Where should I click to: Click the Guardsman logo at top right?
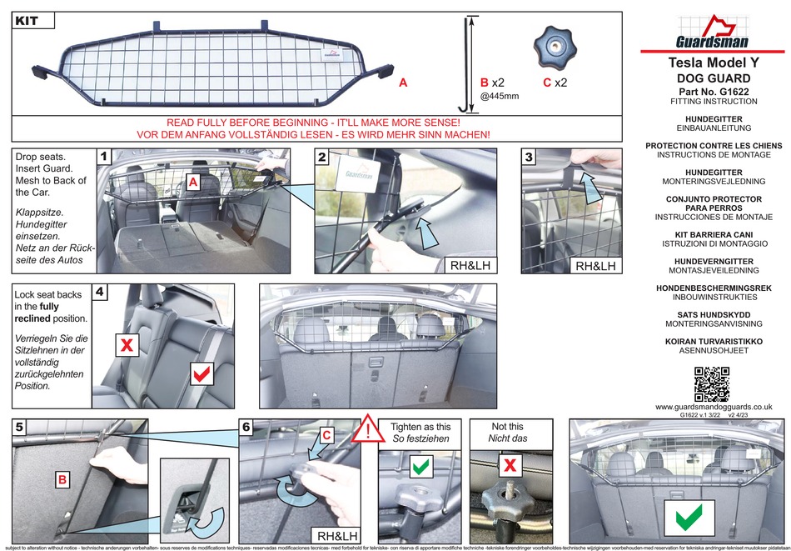713,33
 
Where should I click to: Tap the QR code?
713,383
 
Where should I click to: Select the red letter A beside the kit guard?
403,83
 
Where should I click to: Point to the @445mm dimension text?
500,97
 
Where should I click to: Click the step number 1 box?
104,157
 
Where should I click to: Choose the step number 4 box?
101,293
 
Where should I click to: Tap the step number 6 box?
246,427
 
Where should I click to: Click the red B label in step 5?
62,480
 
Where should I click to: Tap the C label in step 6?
327,435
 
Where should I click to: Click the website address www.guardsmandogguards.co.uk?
714,406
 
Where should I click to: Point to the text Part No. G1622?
714,90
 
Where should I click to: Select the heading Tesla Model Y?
714,63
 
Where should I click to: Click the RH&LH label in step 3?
596,266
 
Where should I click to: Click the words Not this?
507,426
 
